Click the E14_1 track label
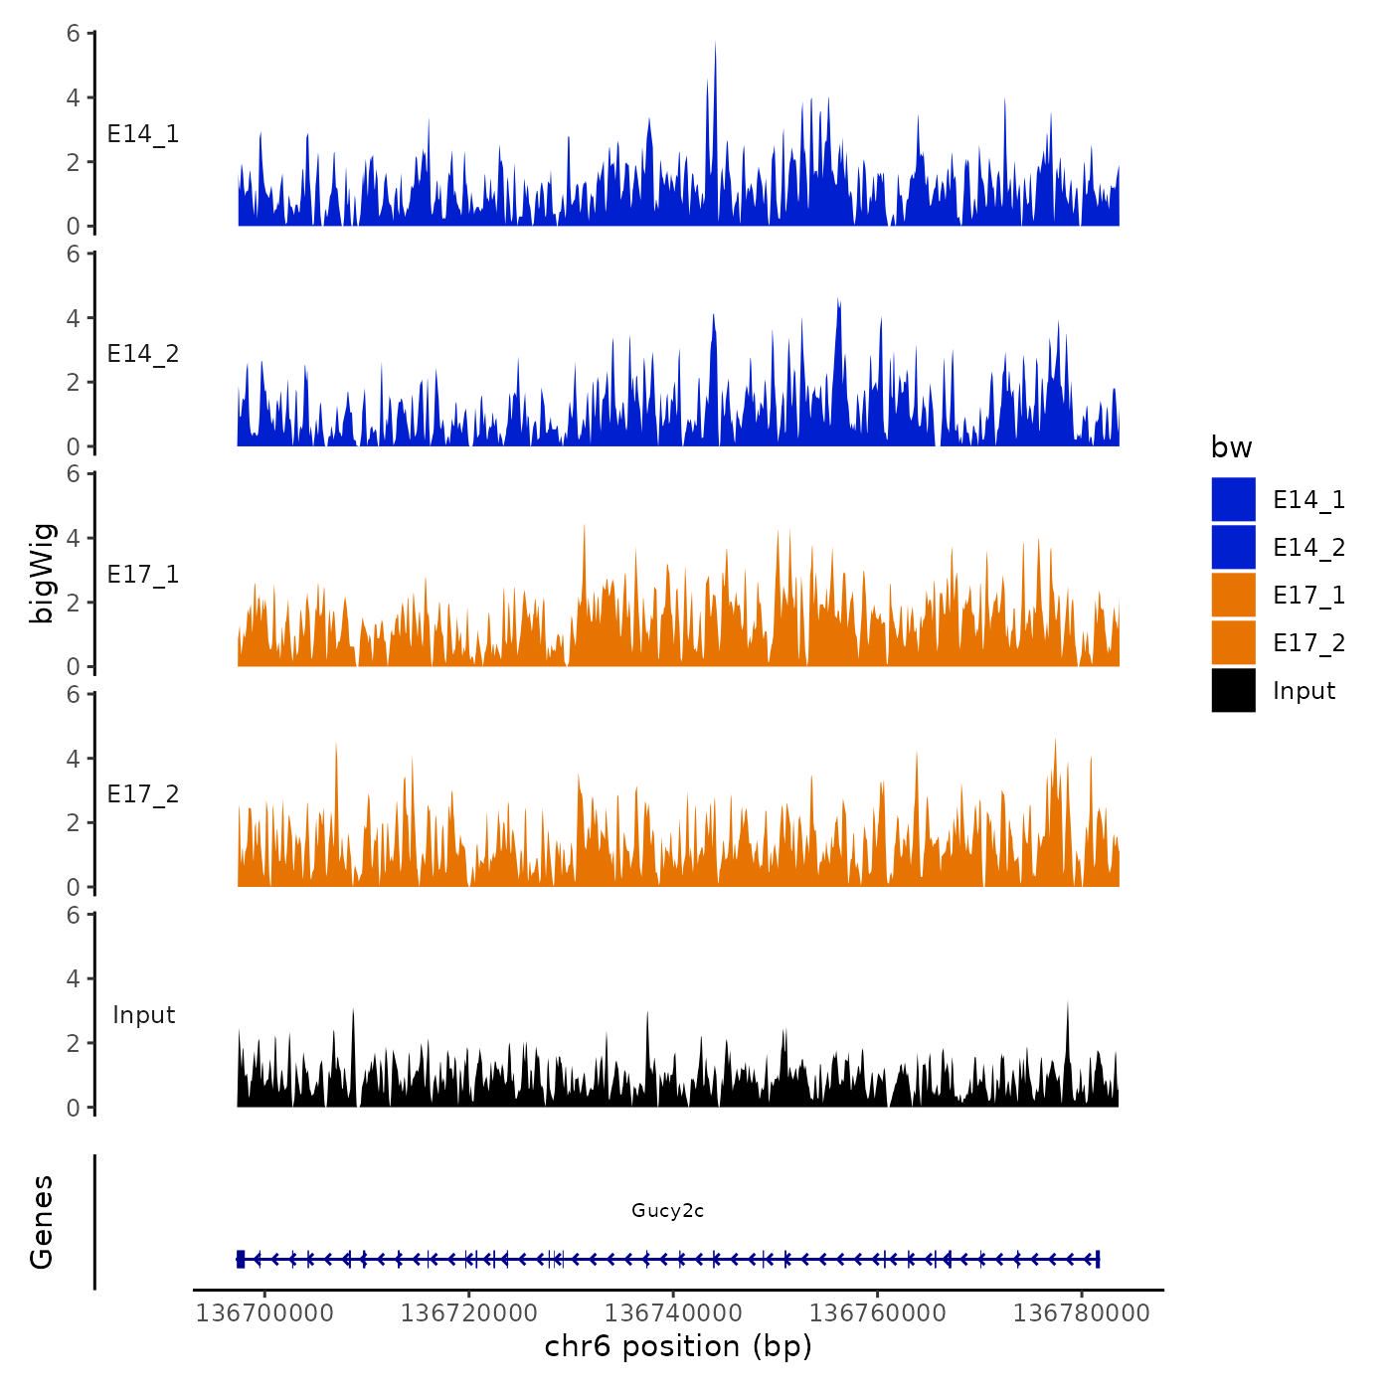(143, 134)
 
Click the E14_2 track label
(143, 354)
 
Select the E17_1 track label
(143, 575)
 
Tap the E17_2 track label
(143, 794)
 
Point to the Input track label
(143, 1015)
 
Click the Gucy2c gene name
(667, 1210)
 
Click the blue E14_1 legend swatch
(1233, 499)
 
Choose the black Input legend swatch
(1233, 690)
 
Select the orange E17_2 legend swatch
(1233, 642)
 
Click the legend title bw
(1231, 447)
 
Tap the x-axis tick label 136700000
(264, 1312)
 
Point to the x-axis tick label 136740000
(673, 1312)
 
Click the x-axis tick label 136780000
(1082, 1312)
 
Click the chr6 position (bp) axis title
(678, 1346)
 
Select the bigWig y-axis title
(42, 573)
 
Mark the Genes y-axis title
(42, 1222)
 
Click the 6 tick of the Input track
(74, 915)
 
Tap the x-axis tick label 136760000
(877, 1312)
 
